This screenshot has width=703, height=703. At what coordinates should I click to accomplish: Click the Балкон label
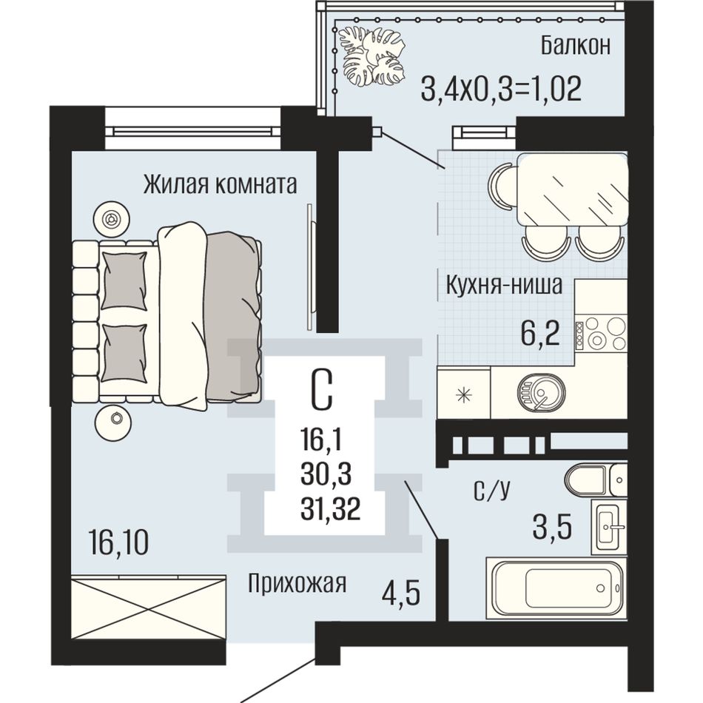pos(575,45)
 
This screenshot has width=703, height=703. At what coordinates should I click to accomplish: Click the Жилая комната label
pos(220,184)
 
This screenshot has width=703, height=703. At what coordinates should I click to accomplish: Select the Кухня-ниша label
pos(503,285)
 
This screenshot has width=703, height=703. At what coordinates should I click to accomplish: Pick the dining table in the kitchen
pos(572,189)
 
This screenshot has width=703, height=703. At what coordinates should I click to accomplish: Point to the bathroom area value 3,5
pos(552,527)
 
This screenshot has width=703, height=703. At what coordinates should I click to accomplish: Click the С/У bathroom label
pos(492,491)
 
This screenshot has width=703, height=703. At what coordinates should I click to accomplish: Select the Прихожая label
pos(297,584)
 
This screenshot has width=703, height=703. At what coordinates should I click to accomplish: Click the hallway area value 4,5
pos(401,593)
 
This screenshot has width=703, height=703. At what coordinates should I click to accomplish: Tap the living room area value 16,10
pos(119,542)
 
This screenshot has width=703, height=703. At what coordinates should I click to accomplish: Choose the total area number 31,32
pos(331,510)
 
